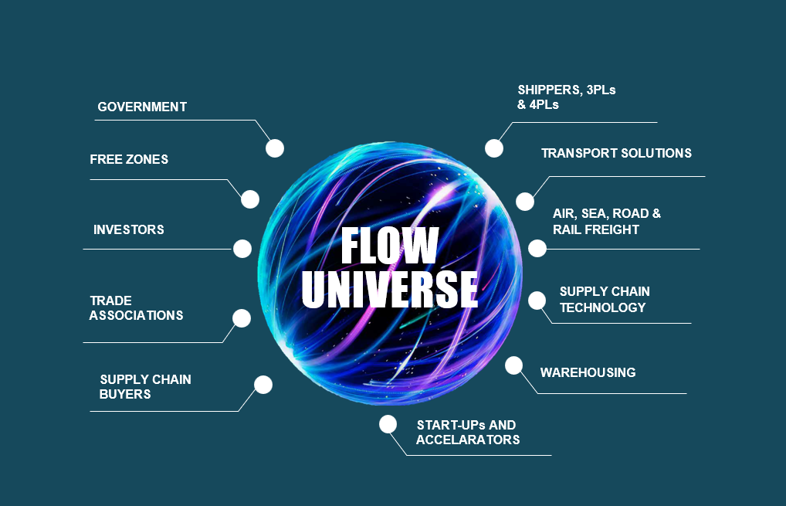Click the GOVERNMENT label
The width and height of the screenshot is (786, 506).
point(142,107)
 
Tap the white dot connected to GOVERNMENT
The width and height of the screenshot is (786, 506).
point(275,148)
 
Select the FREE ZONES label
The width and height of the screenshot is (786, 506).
point(129,159)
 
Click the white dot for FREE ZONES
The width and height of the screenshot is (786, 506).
point(249,199)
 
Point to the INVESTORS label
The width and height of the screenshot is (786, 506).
point(129,229)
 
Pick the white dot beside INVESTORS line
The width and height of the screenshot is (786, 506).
point(242,249)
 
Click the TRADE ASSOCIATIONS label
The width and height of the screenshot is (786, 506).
point(136,307)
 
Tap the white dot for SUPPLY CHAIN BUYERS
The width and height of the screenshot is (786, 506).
point(263,385)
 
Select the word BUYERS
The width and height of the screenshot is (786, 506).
point(125,394)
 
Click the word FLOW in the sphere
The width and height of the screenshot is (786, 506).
point(390,246)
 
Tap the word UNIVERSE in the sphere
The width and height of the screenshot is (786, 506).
point(390,288)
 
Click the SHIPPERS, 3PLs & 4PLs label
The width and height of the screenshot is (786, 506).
point(567,97)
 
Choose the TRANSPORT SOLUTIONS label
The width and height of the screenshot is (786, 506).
point(616,153)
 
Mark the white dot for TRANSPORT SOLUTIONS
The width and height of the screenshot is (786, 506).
point(525,202)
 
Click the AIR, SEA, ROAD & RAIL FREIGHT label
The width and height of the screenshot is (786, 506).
point(607,222)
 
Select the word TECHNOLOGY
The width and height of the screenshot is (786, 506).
point(602,307)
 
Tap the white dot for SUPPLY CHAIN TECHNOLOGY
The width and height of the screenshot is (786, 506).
point(537,301)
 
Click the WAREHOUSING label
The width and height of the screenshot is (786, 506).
point(588,372)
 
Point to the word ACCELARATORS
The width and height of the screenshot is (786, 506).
point(468,440)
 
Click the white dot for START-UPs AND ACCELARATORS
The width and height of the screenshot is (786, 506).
point(388,424)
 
